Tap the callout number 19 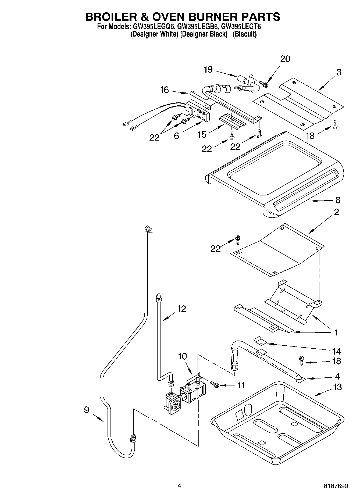click(x=208, y=70)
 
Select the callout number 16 click(x=164, y=90)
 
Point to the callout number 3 click(x=338, y=72)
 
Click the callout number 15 click(x=202, y=134)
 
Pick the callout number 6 click(x=176, y=136)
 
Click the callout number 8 click(x=338, y=200)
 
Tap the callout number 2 click(x=336, y=212)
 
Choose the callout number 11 click(x=241, y=385)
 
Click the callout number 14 click(x=336, y=351)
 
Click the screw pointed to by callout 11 click(x=215, y=385)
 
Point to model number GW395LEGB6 click(x=199, y=27)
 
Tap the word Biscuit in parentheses click(x=244, y=34)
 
